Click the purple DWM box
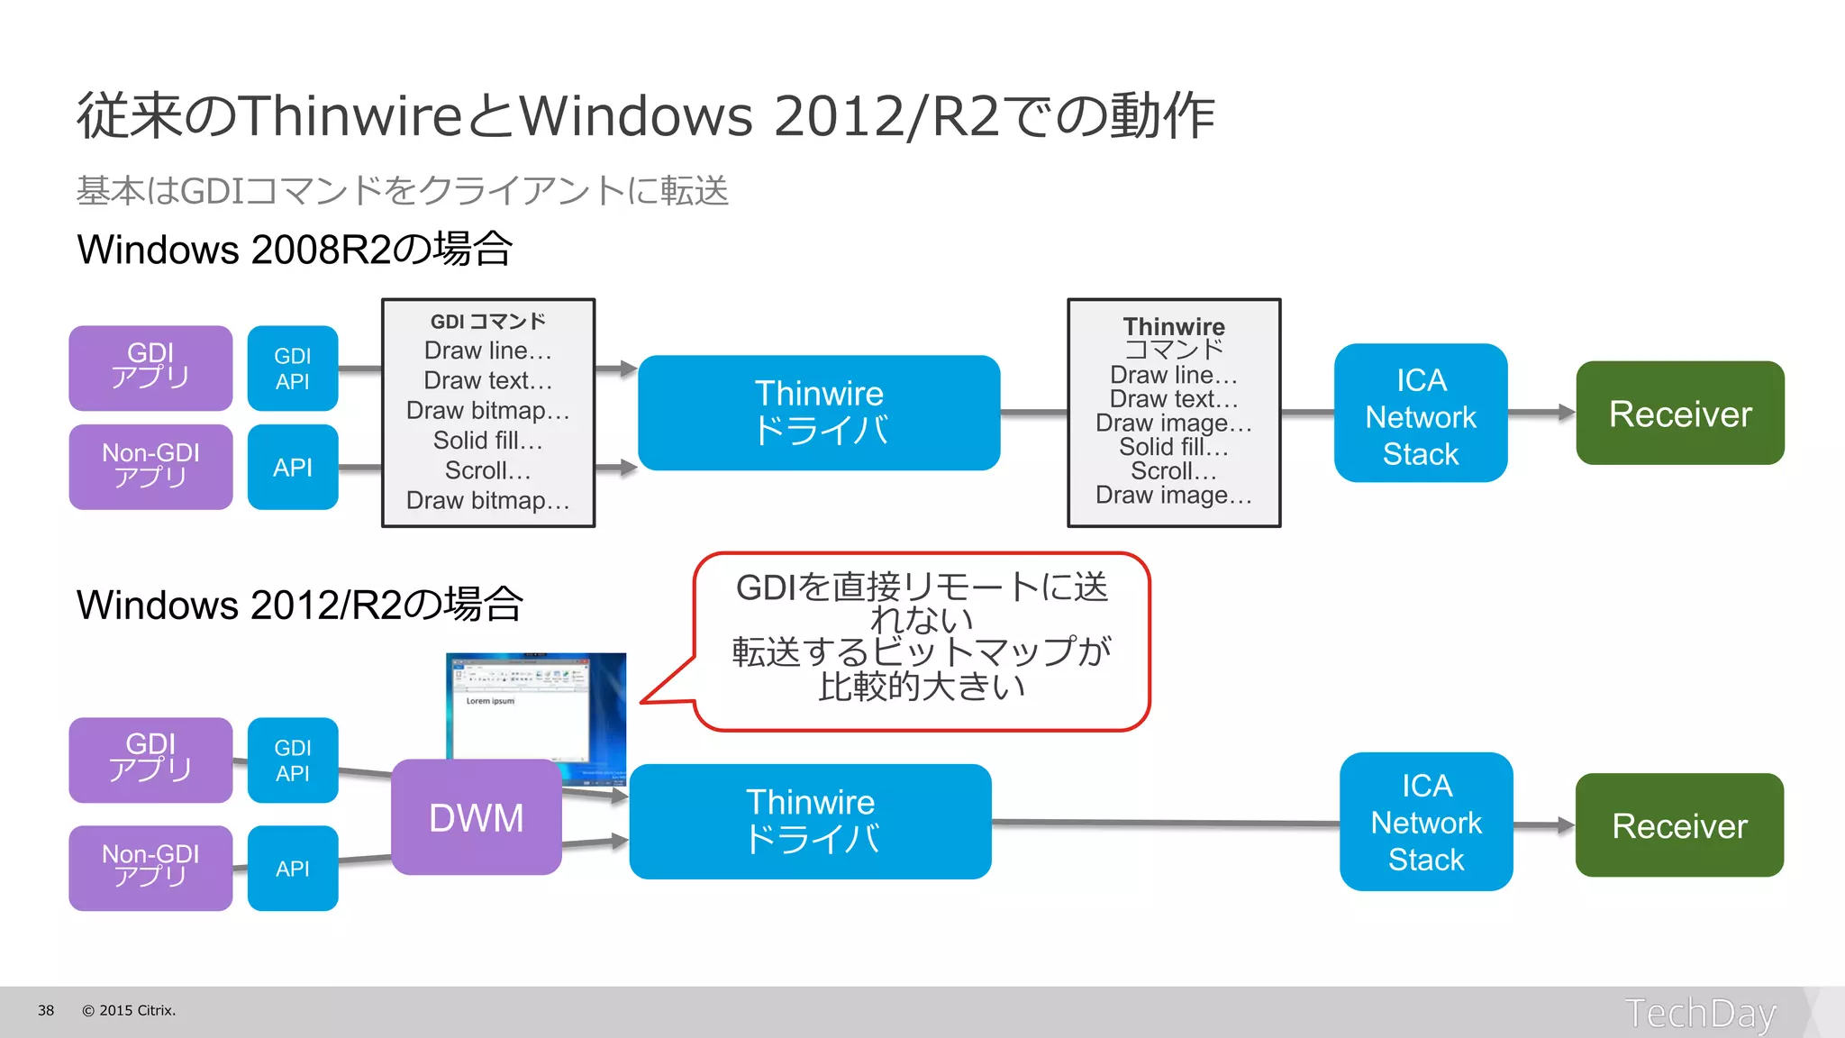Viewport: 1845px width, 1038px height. coord(476,817)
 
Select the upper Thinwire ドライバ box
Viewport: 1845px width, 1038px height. coord(818,413)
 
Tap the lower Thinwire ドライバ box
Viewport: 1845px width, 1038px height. coord(810,821)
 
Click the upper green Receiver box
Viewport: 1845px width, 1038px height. coord(1679,414)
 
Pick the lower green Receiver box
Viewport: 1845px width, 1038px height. coord(1679,825)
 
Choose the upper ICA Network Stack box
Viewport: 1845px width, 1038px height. coord(1420,414)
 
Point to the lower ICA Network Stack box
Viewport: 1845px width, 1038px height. coord(1425,822)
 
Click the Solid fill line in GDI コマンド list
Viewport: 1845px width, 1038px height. coord(487,441)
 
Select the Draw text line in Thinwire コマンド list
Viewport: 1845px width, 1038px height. coord(1173,398)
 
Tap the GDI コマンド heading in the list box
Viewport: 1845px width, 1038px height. coord(487,322)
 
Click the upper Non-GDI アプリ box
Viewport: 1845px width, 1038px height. coord(150,467)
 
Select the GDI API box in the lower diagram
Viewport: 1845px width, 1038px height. coord(293,760)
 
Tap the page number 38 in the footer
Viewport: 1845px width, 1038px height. coord(46,1010)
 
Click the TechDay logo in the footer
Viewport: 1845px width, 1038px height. coord(1699,1013)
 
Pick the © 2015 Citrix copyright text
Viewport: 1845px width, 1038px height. coord(129,1010)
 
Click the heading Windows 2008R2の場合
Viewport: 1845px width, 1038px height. coord(295,250)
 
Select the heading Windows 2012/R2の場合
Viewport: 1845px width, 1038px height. coord(299,605)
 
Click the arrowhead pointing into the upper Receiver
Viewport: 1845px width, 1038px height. coord(1566,413)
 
